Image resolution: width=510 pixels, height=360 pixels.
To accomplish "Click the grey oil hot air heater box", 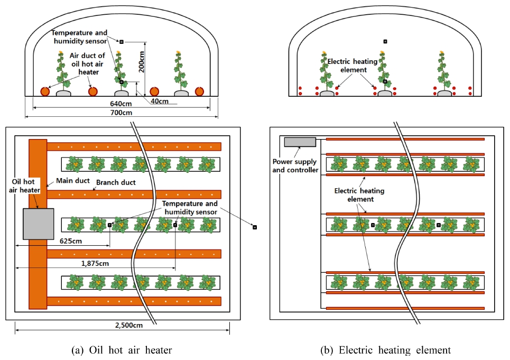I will [x=38, y=224].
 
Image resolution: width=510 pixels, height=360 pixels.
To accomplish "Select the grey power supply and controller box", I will [x=300, y=142].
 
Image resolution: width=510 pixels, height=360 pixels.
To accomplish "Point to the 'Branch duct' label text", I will [x=116, y=183].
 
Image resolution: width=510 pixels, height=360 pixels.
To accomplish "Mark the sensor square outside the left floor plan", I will [x=254, y=227].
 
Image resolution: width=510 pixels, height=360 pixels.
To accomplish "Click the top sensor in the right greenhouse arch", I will [x=385, y=41].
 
